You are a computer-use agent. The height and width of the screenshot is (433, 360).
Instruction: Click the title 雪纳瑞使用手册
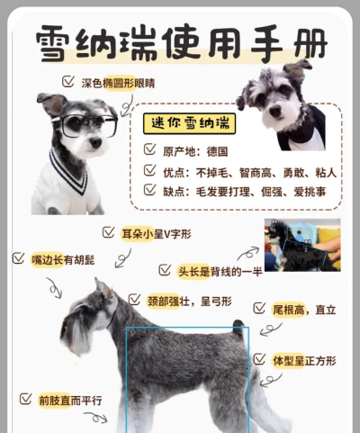pyautogui.click(x=180, y=42)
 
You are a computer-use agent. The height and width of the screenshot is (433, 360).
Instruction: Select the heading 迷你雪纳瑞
pyautogui.click(x=192, y=123)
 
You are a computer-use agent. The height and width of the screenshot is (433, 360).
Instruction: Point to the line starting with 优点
pyautogui.click(x=239, y=171)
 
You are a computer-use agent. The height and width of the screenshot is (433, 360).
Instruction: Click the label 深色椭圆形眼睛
pyautogui.click(x=118, y=83)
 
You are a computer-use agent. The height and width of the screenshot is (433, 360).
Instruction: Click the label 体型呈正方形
pyautogui.click(x=305, y=360)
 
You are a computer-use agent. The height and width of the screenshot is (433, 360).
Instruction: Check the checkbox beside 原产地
pyautogui.click(x=150, y=151)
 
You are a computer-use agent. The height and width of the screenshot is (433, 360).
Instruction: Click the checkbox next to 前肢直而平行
pyautogui.click(x=25, y=399)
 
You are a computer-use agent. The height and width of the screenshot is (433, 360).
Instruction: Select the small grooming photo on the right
pyautogui.click(x=301, y=244)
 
